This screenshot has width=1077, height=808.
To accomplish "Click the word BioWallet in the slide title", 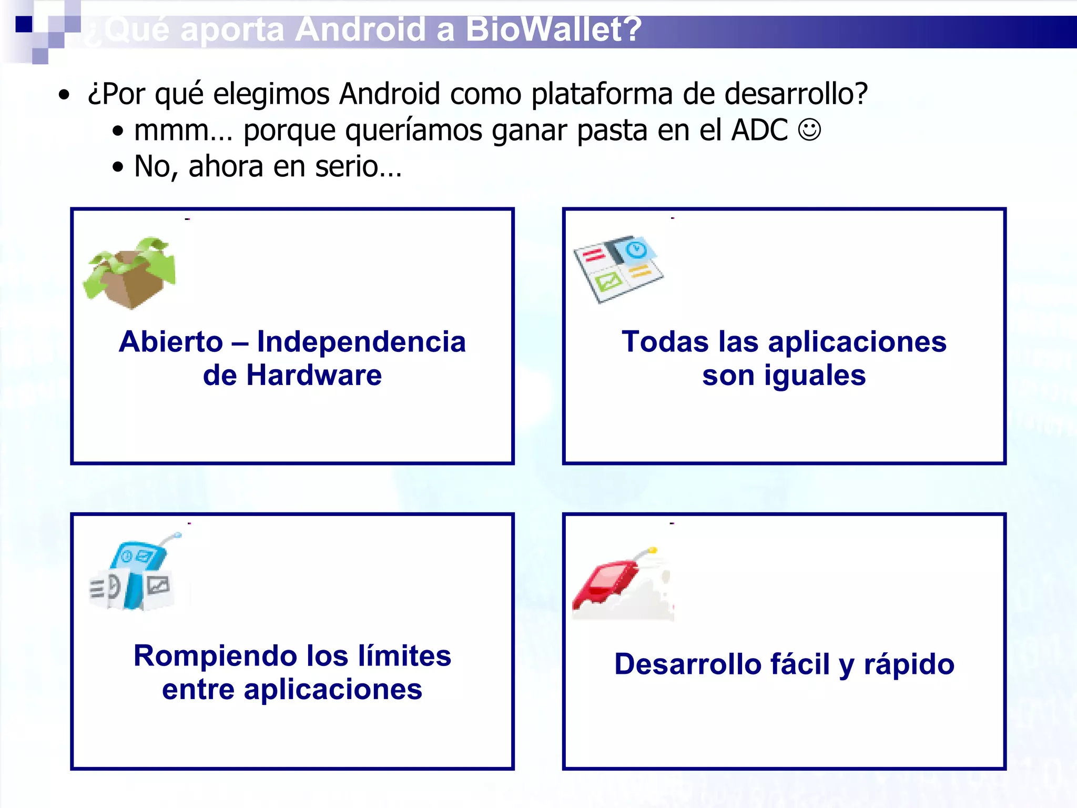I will pyautogui.click(x=554, y=29).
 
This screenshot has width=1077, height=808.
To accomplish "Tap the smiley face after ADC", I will pyautogui.click(x=809, y=129).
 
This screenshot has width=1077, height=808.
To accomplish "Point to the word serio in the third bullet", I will pyautogui.click(x=346, y=167).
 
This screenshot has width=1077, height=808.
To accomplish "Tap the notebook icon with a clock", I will pyautogui.click(x=617, y=268).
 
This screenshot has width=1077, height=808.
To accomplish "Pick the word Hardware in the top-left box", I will pyautogui.click(x=314, y=376).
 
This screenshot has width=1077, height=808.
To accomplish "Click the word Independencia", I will pyautogui.click(x=361, y=342).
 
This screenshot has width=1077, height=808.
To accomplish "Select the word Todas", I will pyautogui.click(x=665, y=342).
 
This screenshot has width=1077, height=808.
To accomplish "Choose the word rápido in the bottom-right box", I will pyautogui.click(x=909, y=664).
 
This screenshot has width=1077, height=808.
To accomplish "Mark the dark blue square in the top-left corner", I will pyautogui.click(x=24, y=24).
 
